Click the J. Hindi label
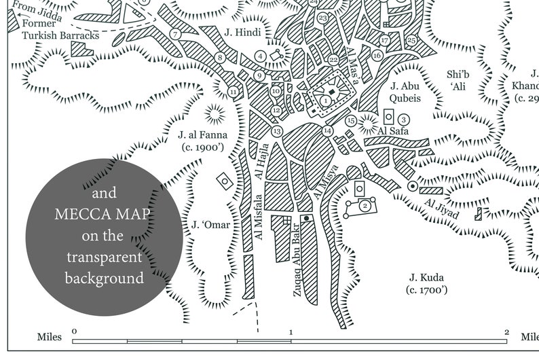[242, 32]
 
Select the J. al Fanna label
[202, 140]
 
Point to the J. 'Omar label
[210, 225]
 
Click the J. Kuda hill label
[426, 283]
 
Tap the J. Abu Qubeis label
[406, 92]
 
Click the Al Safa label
[392, 131]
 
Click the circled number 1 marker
[326, 101]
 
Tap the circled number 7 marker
[175, 34]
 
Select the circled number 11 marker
[234, 92]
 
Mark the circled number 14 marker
[327, 130]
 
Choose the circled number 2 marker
[365, 204]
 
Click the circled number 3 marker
[403, 119]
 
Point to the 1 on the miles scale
[291, 332]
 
